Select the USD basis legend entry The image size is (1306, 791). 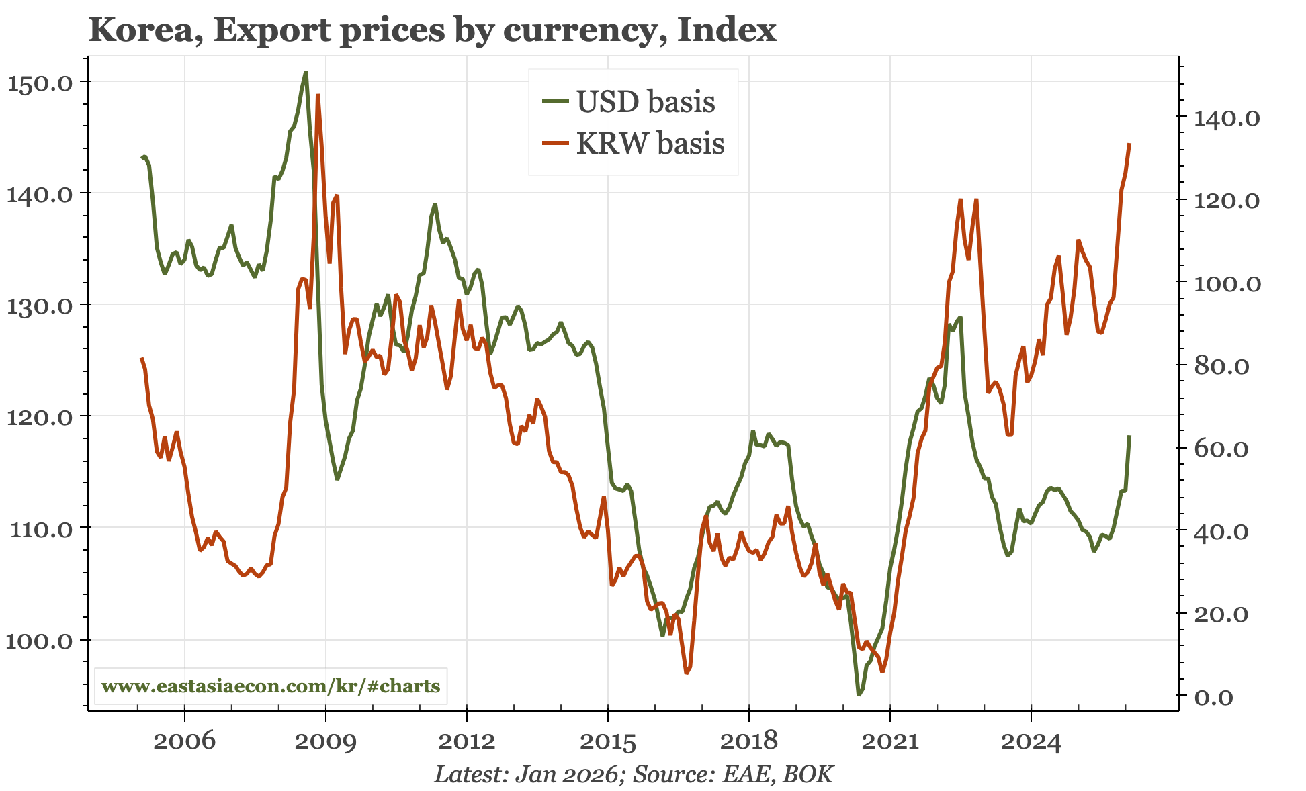[645, 102]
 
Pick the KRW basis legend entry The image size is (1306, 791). [650, 144]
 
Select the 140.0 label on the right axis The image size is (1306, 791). [1226, 119]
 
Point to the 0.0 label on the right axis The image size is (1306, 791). [1214, 698]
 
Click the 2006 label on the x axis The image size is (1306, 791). [184, 741]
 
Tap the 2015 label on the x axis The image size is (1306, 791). [607, 741]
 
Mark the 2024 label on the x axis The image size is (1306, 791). [1031, 741]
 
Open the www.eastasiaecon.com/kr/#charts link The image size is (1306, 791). [271, 686]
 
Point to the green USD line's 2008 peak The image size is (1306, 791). [306, 73]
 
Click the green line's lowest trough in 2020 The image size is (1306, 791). [859, 694]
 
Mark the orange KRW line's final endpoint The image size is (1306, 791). [1130, 144]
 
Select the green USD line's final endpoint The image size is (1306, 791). [1130, 436]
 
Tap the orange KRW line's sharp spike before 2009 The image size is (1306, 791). [317, 95]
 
